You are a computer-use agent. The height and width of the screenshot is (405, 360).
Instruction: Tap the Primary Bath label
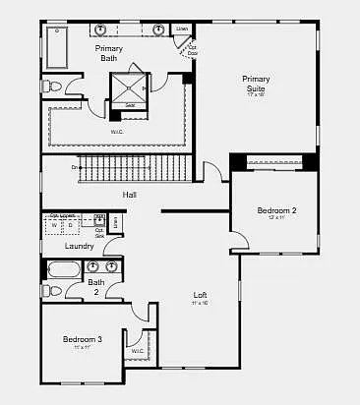(x=108, y=52)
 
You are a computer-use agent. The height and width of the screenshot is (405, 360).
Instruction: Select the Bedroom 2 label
(x=276, y=210)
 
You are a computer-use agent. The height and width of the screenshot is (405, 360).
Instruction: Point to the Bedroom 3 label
(x=83, y=340)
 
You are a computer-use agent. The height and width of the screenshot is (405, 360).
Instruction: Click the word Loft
(x=200, y=295)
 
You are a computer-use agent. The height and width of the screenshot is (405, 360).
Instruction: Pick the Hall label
(x=129, y=195)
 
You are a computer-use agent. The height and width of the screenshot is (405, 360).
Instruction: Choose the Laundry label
(x=65, y=246)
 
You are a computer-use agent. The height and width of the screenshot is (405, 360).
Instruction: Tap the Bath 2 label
(x=95, y=287)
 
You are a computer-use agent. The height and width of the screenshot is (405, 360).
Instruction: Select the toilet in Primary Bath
(x=55, y=87)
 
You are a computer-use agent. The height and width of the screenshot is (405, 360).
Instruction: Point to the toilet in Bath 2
(x=55, y=291)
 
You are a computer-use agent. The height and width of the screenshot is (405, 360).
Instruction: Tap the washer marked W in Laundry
(x=54, y=226)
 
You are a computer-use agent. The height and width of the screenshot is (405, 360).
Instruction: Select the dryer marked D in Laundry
(x=70, y=226)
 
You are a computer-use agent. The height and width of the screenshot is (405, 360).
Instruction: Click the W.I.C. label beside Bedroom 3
(x=138, y=351)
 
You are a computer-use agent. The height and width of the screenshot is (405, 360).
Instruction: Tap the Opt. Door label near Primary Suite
(x=193, y=49)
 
